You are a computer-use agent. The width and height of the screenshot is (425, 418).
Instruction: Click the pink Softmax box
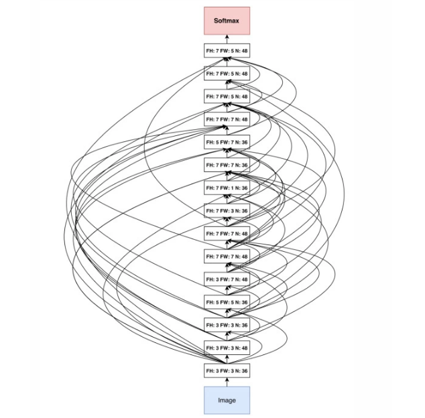[227, 21]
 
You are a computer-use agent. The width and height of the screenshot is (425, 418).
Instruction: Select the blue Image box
[227, 400]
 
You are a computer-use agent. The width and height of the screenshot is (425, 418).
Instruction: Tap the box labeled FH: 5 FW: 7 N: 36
[227, 142]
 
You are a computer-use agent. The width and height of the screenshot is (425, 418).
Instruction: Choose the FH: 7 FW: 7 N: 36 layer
[227, 165]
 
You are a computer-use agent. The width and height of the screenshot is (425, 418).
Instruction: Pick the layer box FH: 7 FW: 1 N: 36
[227, 188]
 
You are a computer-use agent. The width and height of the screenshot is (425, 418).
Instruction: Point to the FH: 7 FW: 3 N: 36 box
[227, 210]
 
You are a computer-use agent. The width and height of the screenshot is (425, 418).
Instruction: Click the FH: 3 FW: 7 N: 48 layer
[227, 279]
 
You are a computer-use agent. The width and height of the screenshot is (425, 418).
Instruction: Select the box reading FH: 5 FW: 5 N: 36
[227, 302]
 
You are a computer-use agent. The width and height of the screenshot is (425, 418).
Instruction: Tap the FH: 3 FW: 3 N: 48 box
[227, 348]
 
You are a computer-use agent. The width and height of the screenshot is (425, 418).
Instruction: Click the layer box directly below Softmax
[227, 51]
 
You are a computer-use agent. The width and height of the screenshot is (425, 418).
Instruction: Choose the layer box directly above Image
[227, 370]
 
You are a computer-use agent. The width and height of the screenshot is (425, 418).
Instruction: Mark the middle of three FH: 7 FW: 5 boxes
[227, 74]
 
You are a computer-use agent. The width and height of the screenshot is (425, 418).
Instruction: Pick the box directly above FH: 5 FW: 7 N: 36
[227, 119]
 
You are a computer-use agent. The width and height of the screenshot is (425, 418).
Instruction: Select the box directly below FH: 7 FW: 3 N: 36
[227, 233]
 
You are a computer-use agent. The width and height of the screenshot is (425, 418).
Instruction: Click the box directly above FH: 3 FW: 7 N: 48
[227, 257]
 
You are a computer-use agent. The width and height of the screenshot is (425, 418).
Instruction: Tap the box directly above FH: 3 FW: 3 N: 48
[227, 325]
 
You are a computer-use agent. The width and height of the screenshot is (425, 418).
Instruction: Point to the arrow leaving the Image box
[227, 382]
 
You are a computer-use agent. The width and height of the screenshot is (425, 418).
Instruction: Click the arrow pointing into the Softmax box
[227, 40]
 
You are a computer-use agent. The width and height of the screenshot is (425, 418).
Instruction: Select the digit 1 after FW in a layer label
[232, 188]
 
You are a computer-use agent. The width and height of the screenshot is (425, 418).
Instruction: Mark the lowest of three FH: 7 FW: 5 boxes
[227, 96]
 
